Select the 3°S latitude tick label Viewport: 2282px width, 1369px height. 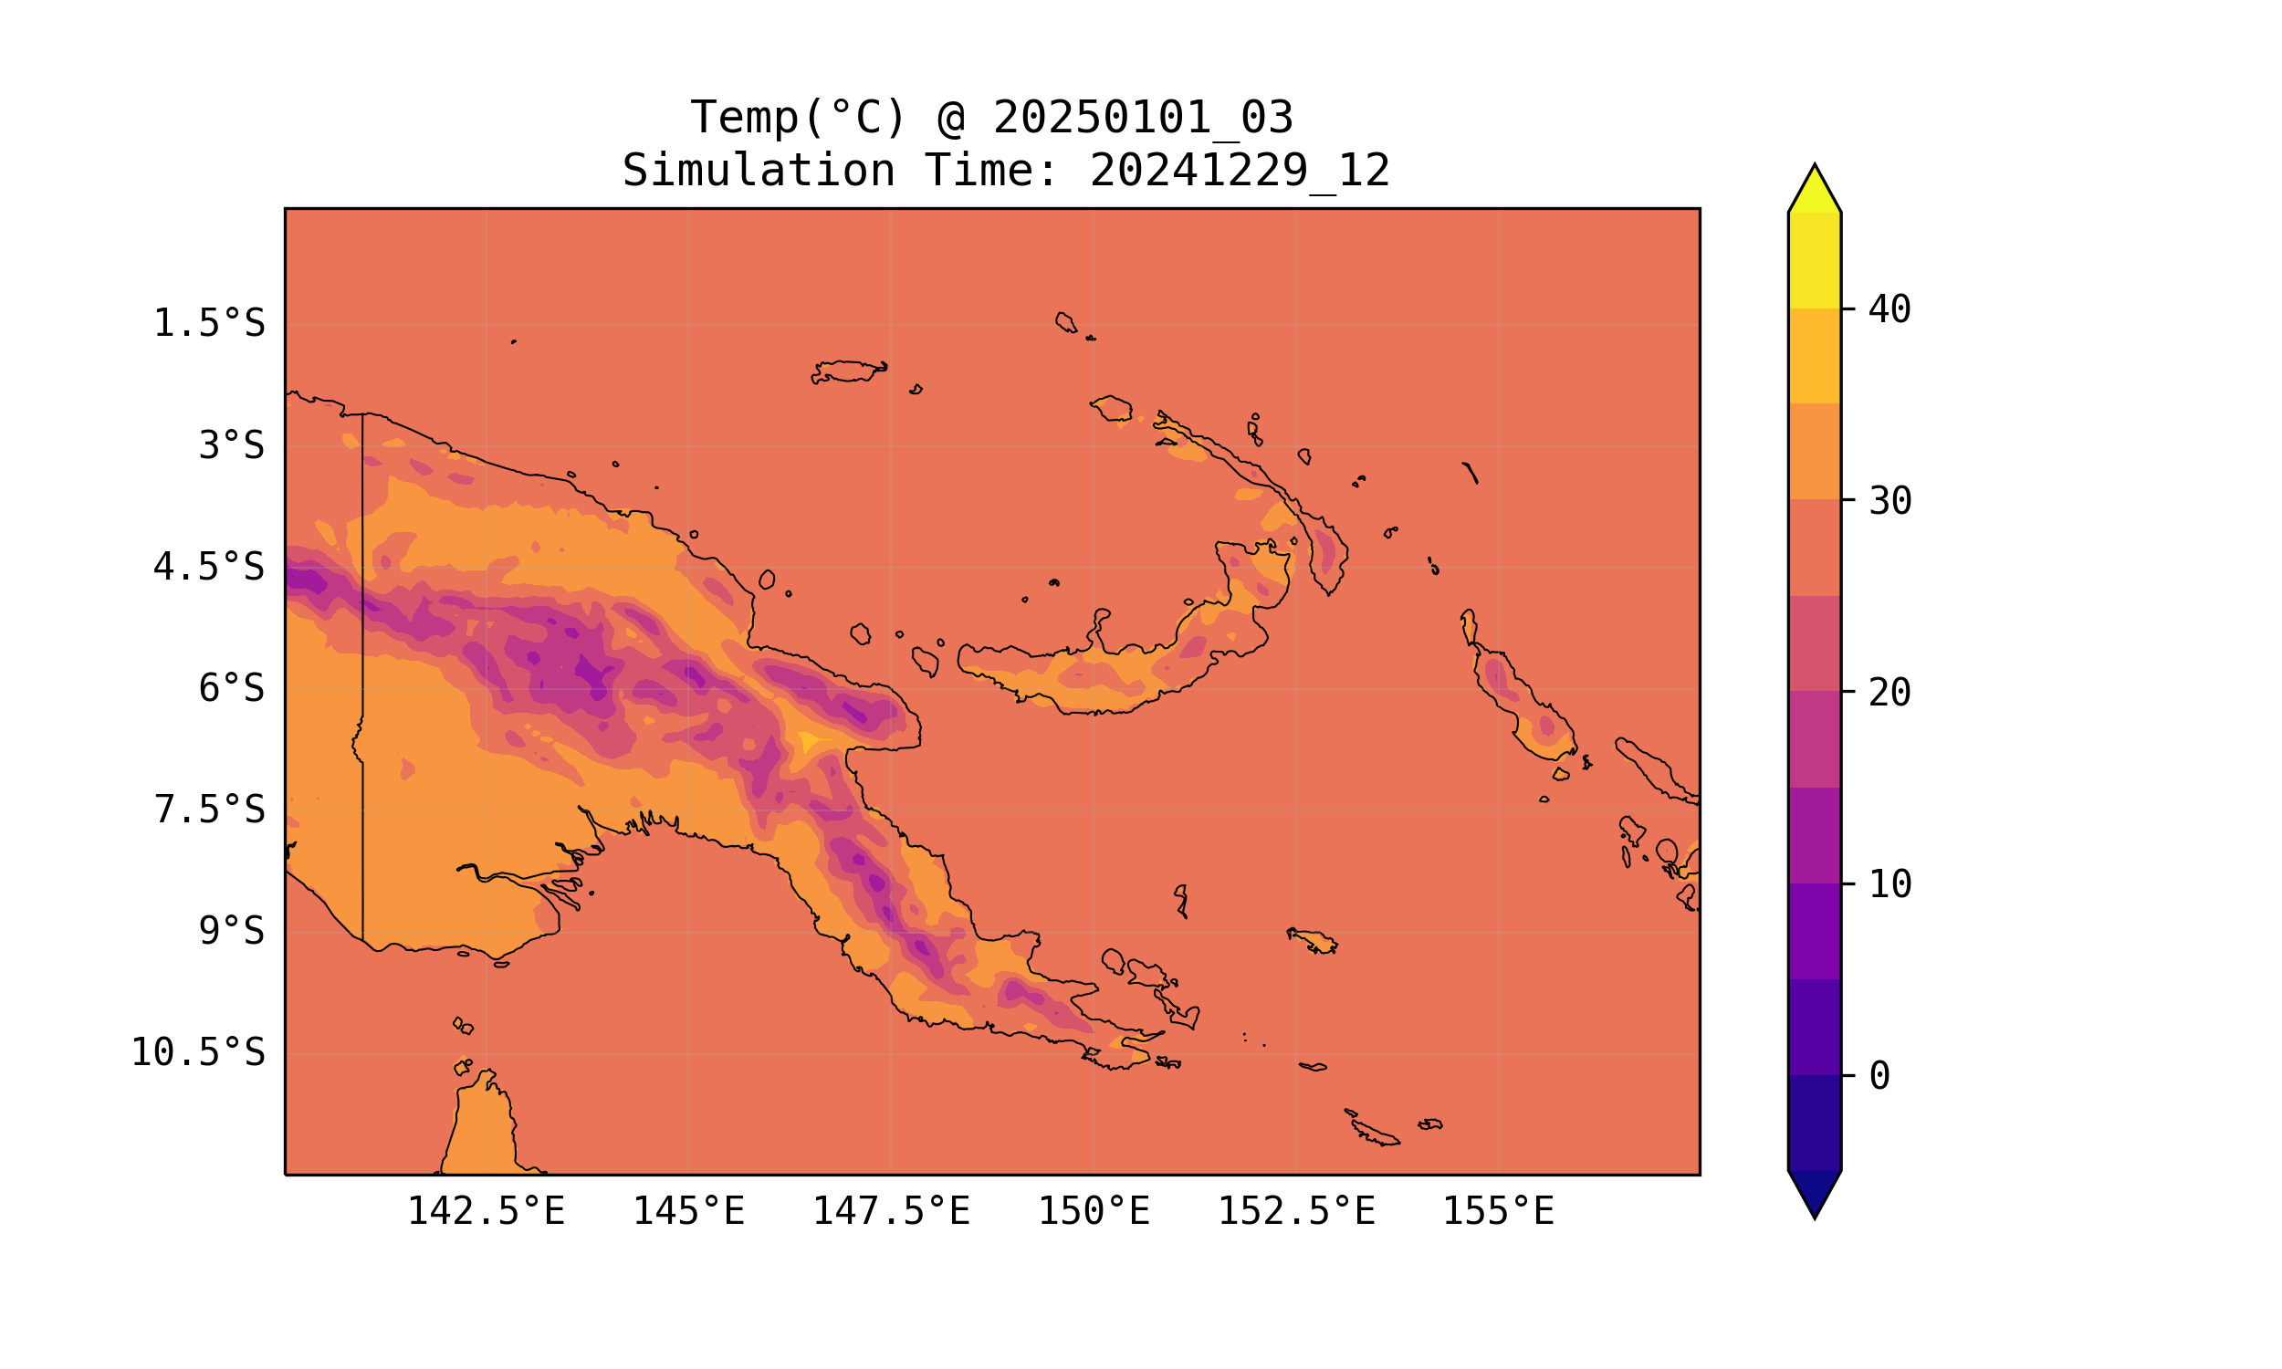tap(232, 445)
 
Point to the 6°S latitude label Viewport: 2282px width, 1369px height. tap(232, 688)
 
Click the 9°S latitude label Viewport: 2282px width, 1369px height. tap(232, 931)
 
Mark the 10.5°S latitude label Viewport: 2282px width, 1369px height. tap(197, 1052)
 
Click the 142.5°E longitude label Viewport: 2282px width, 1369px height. tap(487, 1211)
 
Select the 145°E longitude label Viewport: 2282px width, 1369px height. tap(688, 1211)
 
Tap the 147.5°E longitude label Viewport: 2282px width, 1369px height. tap(891, 1211)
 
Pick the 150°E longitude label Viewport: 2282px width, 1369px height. tap(1094, 1211)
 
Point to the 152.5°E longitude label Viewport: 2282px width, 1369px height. tap(1296, 1211)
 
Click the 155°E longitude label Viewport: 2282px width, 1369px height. tap(1498, 1211)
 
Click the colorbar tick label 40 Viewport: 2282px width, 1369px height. tap(1890, 310)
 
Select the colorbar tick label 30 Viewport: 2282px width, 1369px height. tap(1890, 502)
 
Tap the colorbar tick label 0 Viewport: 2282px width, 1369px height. tap(1879, 1077)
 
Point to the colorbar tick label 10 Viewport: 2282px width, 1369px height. tap(1890, 884)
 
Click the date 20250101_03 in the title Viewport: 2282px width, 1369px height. tap(1143, 118)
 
